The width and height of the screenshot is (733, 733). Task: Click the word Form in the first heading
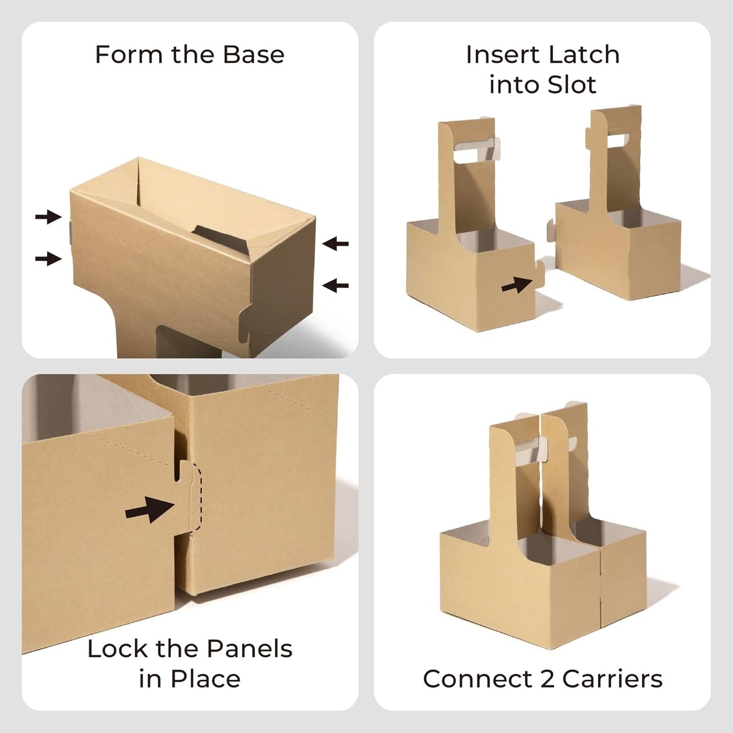point(128,54)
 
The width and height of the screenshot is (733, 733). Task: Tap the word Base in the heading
point(254,54)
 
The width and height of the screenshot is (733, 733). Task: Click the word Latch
point(579,54)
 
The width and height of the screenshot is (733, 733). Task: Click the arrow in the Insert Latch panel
point(517,285)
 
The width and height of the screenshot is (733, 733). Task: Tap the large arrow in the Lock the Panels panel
point(150,510)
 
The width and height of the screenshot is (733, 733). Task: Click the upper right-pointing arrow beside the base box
point(48,217)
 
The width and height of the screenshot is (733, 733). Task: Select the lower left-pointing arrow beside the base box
point(335,285)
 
